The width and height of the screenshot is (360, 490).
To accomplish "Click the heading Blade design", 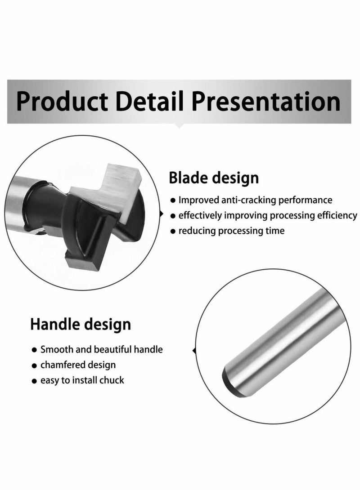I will point(214,178).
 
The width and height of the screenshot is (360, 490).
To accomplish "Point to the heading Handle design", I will point(81,324).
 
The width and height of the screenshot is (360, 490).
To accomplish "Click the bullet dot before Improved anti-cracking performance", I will point(173,200).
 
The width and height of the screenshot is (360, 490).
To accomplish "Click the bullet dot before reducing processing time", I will point(173,232).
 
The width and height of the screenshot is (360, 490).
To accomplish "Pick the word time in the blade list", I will point(274,231).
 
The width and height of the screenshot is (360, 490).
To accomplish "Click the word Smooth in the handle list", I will point(55,349).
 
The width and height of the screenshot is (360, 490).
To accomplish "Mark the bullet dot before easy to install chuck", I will point(34,381).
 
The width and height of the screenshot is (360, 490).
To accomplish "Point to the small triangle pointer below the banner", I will point(180,126).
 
